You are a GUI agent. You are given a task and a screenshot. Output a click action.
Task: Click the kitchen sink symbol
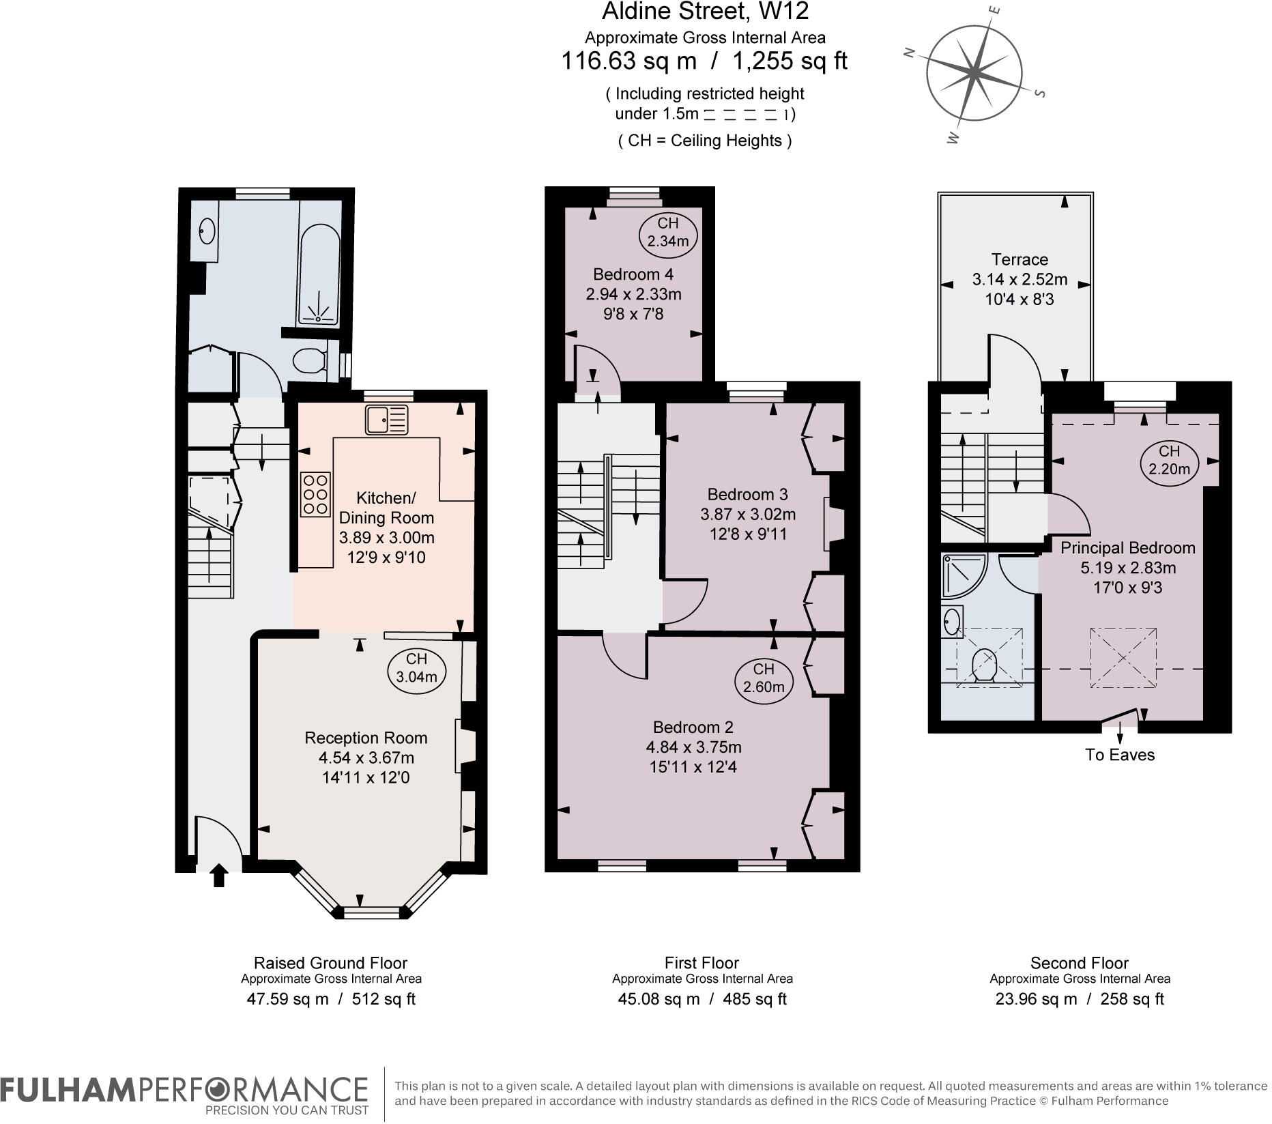(386, 419)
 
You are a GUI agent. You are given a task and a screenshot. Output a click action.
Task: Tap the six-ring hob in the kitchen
(315, 494)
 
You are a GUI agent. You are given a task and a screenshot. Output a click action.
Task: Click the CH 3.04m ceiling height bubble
(416, 667)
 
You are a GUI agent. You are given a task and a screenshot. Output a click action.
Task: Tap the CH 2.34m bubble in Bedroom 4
(668, 232)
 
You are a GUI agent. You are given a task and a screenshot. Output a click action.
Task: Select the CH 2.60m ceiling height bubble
(764, 678)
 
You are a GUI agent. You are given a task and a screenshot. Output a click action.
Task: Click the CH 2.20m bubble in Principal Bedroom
(1169, 460)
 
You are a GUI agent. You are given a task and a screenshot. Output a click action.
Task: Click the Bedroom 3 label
(747, 494)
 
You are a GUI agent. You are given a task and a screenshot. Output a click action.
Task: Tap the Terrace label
(1020, 259)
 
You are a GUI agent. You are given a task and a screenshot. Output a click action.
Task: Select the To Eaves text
(1120, 755)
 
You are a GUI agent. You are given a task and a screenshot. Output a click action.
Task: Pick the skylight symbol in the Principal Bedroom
(1123, 657)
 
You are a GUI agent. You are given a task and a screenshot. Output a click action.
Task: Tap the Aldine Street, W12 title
(706, 12)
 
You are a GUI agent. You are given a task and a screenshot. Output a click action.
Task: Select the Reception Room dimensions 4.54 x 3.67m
(366, 758)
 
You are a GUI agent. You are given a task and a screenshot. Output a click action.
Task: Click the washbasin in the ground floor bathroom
(207, 231)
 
